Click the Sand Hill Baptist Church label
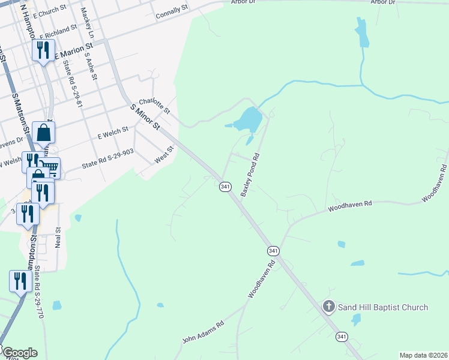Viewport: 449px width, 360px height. [x=383, y=308]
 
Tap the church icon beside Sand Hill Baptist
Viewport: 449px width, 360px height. [x=328, y=307]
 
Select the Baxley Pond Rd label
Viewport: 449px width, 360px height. [x=250, y=175]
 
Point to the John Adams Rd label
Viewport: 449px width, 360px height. [x=203, y=332]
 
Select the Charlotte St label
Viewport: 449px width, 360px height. [x=155, y=106]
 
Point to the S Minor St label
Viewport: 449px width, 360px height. [x=146, y=117]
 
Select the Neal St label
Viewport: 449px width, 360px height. [x=58, y=238]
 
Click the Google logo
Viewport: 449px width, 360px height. [x=19, y=353]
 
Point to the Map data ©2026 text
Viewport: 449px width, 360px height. [x=423, y=355]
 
